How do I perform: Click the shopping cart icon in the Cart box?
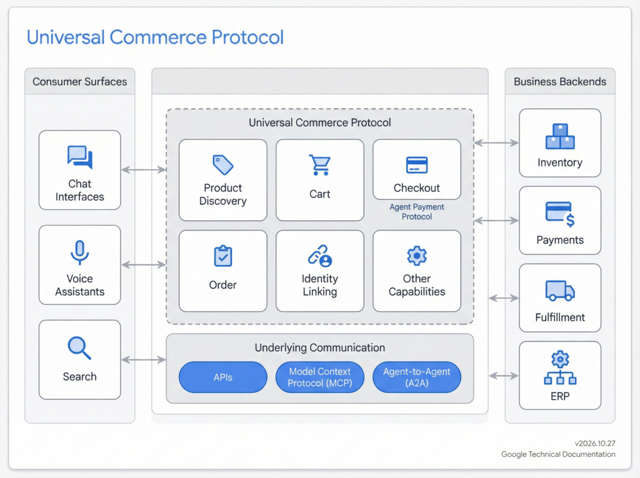pos(319,165)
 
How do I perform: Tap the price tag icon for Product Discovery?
pos(222,165)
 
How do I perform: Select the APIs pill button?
pos(223,377)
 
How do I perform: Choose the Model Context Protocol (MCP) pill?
pos(319,377)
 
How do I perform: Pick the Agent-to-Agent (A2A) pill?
pos(417,377)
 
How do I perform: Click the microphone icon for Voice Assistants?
pos(79,252)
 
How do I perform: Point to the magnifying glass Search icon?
pos(79,348)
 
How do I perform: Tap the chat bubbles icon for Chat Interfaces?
pos(79,157)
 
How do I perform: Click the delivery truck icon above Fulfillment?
pos(559,290)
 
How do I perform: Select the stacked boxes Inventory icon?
pos(559,136)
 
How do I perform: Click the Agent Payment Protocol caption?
pos(417,212)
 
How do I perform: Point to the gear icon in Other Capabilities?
pos(417,256)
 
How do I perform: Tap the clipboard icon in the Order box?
pos(222,256)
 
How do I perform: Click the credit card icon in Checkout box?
pos(417,165)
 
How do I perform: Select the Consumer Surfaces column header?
pos(79,82)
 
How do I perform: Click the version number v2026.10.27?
pos(594,443)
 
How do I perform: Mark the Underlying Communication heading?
pos(319,347)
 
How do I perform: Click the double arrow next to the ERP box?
pos(504,376)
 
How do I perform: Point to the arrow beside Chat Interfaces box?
pos(143,169)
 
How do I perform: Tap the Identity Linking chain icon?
pos(319,256)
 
